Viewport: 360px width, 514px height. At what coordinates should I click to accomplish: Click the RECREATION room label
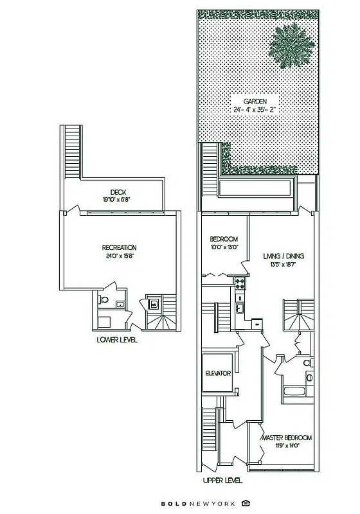[120, 247]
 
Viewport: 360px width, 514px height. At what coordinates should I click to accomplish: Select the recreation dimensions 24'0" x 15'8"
[120, 255]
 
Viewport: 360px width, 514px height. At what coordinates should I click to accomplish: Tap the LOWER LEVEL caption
[117, 340]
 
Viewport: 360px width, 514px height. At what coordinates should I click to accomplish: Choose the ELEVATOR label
[218, 373]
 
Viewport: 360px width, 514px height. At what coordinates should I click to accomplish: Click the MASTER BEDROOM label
[286, 438]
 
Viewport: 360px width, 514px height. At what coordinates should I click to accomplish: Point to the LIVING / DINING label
[283, 256]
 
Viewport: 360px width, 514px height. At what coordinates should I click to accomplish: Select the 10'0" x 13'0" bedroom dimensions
[224, 247]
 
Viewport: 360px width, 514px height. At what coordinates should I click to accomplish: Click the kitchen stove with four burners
[240, 282]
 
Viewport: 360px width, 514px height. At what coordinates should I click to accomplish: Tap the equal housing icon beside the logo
[246, 502]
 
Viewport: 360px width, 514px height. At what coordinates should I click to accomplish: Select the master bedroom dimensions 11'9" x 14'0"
[286, 445]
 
